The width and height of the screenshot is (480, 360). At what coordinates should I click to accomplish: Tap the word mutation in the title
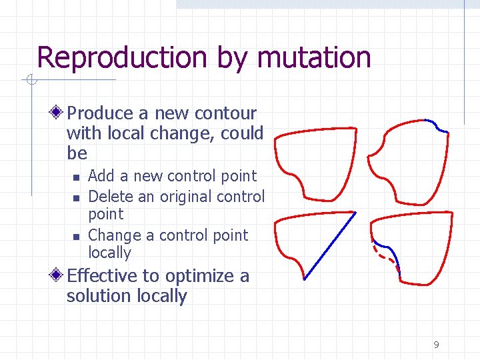click(x=313, y=57)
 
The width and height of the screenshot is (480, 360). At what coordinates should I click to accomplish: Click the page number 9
click(x=436, y=345)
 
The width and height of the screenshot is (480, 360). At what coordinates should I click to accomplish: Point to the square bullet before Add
click(x=77, y=177)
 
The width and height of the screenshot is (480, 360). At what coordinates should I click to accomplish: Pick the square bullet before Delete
click(x=77, y=197)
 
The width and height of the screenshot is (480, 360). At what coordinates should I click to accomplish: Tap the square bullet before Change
click(x=77, y=236)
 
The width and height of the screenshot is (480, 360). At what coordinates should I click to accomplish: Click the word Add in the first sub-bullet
click(x=101, y=176)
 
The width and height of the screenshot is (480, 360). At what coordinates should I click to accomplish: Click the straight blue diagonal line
click(x=330, y=245)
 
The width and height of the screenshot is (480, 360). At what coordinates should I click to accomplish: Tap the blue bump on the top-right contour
click(x=437, y=126)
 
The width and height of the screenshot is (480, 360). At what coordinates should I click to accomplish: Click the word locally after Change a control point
click(x=109, y=253)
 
